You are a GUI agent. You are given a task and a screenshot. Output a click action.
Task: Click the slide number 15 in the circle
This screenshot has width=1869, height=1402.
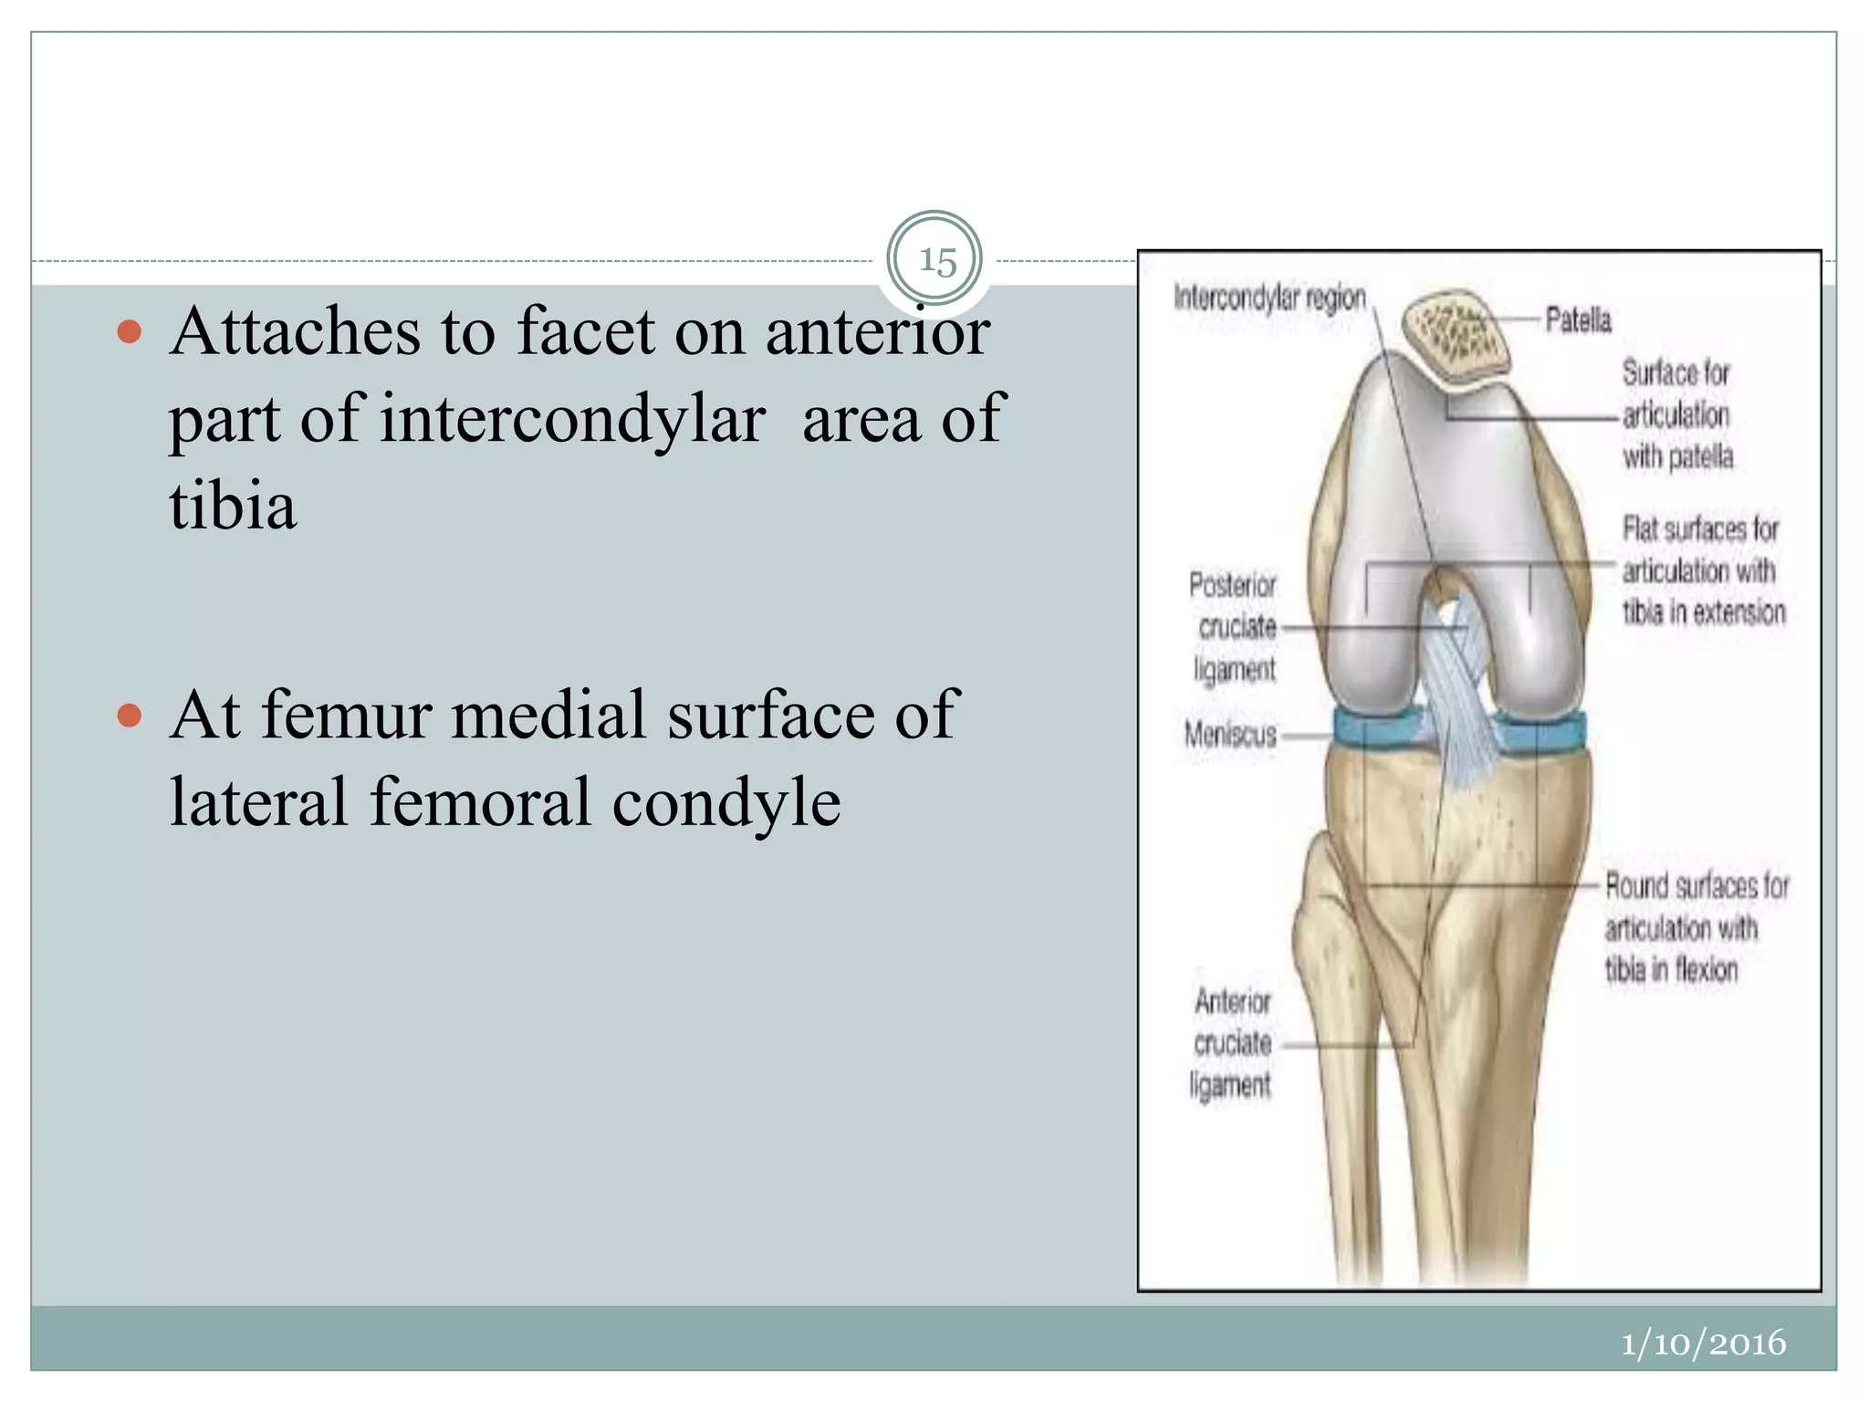(936, 261)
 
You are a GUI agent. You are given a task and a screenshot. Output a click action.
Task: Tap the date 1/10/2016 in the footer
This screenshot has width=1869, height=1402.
(1703, 1343)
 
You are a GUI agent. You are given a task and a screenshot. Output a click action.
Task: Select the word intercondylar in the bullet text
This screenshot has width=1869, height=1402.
(572, 419)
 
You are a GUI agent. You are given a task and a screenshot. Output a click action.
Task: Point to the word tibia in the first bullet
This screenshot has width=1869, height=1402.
(233, 506)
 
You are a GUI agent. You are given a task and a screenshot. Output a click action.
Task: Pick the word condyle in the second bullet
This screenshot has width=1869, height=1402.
(726, 802)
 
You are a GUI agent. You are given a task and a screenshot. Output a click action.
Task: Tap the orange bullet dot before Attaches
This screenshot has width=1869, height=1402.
(130, 331)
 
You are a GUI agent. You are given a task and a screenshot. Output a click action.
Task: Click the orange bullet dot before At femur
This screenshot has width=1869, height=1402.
(130, 715)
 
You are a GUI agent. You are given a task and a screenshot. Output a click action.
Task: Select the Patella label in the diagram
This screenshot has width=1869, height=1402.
(1578, 320)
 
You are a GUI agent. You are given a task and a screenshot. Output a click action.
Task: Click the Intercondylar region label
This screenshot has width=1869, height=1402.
(1269, 298)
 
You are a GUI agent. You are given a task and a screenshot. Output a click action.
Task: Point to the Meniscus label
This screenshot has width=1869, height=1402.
(1229, 734)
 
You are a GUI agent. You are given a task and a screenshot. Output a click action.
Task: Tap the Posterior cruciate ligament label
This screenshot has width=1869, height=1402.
(1233, 627)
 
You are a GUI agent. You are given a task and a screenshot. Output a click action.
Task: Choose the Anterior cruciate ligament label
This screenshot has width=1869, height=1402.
(1231, 1043)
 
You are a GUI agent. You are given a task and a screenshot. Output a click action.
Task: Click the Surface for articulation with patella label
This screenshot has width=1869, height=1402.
(1676, 414)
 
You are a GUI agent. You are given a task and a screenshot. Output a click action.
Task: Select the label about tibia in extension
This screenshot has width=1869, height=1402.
(1703, 570)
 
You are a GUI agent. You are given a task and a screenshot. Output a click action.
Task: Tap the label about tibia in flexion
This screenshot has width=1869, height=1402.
(1696, 927)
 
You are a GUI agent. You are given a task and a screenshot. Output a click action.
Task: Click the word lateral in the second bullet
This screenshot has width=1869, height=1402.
(258, 802)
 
